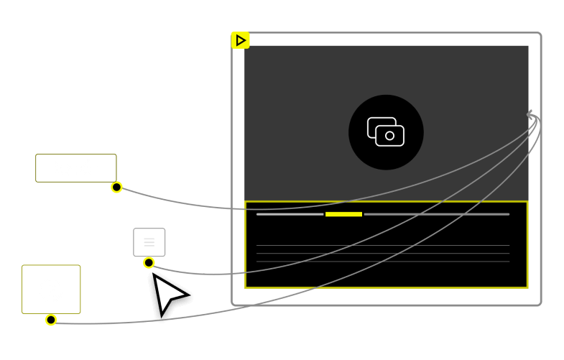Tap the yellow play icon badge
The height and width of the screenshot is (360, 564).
pos(240,40)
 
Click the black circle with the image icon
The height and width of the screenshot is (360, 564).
pos(386,132)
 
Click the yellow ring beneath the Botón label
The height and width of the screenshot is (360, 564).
pos(116,188)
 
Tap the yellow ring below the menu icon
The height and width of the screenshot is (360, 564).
pos(149,263)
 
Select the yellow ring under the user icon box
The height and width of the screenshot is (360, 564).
pos(51,320)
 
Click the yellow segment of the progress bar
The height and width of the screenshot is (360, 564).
pos(343,214)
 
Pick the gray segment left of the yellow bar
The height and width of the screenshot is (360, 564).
pos(290,214)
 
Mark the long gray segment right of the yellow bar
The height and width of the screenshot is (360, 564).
pos(436,214)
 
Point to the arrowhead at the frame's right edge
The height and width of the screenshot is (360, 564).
pos(531,115)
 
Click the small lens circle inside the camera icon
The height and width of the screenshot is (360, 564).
pos(390,136)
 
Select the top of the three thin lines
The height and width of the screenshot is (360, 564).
pos(382,246)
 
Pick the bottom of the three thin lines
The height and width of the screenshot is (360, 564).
pos(382,262)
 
